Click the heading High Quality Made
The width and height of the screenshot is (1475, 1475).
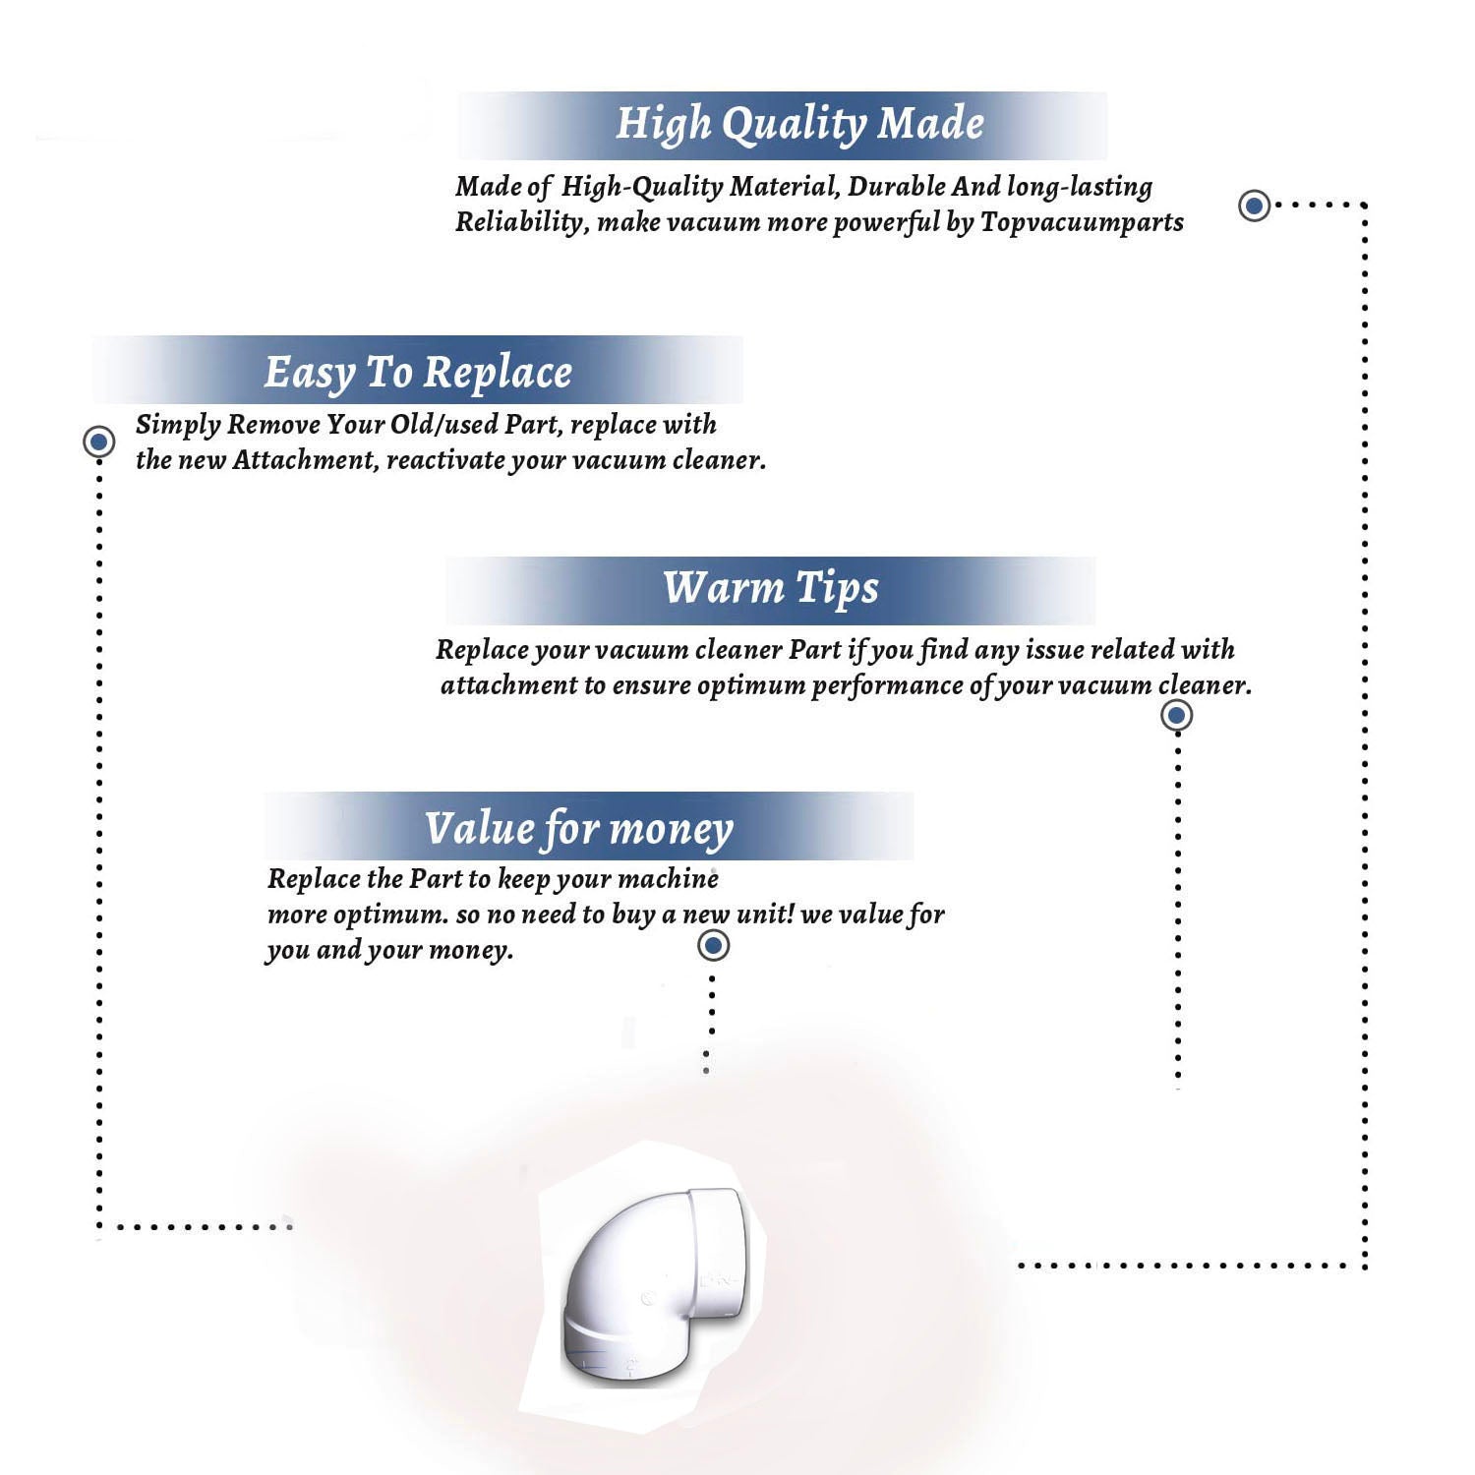(x=799, y=125)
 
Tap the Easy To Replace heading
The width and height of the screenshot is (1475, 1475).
(x=418, y=373)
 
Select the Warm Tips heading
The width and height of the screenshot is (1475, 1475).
(x=771, y=588)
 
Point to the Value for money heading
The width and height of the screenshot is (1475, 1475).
(x=579, y=829)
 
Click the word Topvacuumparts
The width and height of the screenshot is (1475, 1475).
(x=1082, y=223)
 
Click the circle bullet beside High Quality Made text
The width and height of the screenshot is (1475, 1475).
(x=1254, y=206)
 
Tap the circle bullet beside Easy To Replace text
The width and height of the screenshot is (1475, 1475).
(x=98, y=442)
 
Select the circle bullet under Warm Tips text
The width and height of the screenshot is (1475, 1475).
(x=1177, y=715)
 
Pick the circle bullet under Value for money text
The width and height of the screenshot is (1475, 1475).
(x=713, y=945)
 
